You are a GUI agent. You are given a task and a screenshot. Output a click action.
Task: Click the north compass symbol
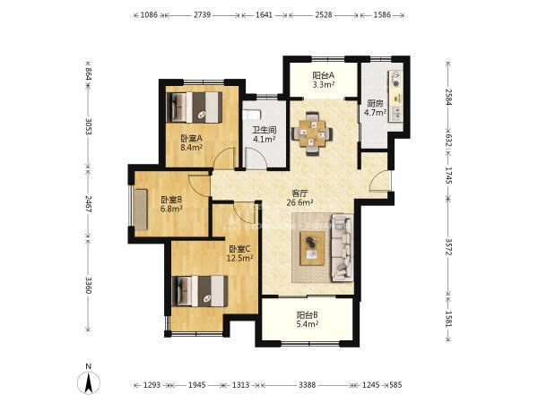pyautogui.click(x=89, y=382)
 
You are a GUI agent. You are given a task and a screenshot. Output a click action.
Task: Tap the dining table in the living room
pyautogui.click(x=312, y=133)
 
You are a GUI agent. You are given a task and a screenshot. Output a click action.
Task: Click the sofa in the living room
pyautogui.click(x=343, y=247)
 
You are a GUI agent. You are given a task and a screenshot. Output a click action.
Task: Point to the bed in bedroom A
pyautogui.click(x=195, y=107)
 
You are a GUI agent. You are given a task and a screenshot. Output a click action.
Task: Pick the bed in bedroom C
pyautogui.click(x=199, y=291)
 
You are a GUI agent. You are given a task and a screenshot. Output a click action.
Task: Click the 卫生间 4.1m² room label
pyautogui.click(x=265, y=134)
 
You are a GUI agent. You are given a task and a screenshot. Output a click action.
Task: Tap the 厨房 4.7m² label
pyautogui.click(x=375, y=107)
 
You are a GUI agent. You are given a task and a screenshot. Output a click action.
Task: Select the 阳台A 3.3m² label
pyautogui.click(x=323, y=80)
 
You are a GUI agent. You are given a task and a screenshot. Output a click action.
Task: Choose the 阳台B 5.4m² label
pyautogui.click(x=308, y=319)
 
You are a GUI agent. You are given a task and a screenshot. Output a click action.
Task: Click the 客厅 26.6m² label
pyautogui.click(x=299, y=198)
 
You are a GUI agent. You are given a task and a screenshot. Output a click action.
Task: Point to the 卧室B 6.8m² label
pyautogui.click(x=171, y=204)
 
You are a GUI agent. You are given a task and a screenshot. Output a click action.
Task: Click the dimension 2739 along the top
pyautogui.click(x=202, y=14)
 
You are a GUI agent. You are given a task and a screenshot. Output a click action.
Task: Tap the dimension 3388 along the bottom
pyautogui.click(x=307, y=385)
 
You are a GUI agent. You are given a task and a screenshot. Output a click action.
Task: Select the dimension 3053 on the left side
pyautogui.click(x=89, y=127)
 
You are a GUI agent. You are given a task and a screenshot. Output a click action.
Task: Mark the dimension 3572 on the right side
pyautogui.click(x=449, y=246)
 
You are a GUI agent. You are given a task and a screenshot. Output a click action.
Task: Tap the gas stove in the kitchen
pyautogui.click(x=396, y=79)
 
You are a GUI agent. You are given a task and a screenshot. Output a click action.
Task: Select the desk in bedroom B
pyautogui.click(x=141, y=210)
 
